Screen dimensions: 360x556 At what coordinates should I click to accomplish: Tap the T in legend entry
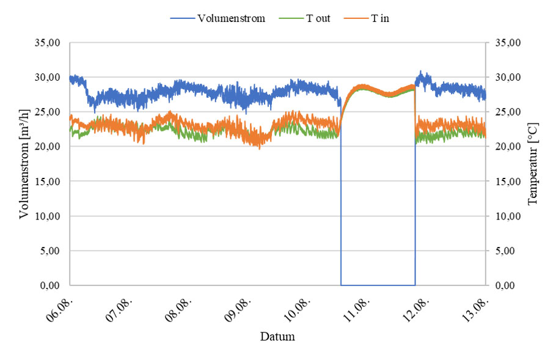pyautogui.click(x=379, y=18)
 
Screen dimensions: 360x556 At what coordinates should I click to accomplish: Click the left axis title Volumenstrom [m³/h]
pyautogui.click(x=25, y=164)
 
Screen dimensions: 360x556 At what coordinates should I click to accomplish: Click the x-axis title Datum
pyautogui.click(x=277, y=337)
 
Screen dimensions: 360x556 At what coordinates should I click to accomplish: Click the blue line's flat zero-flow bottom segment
pyautogui.click(x=378, y=285)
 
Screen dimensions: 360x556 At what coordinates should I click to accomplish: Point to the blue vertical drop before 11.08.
pyautogui.click(x=341, y=202)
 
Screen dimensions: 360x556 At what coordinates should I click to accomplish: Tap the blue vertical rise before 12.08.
pyautogui.click(x=415, y=202)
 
